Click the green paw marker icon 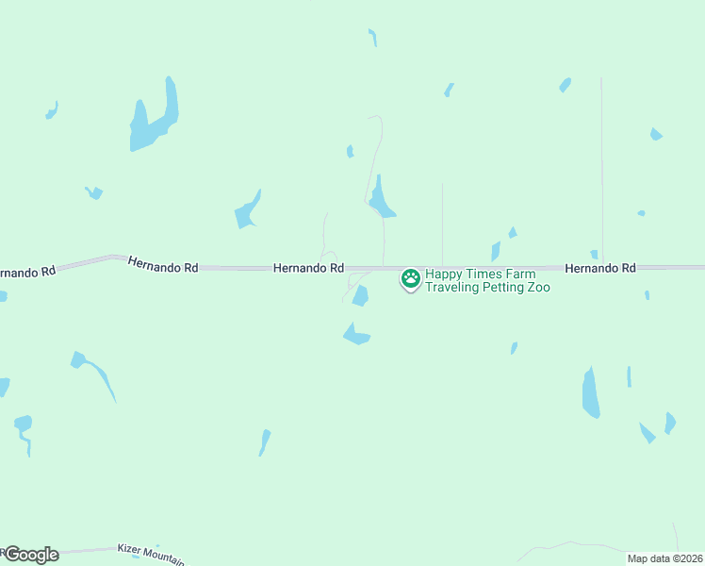tap(411, 278)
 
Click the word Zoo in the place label tap(539, 287)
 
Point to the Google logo tap(31, 555)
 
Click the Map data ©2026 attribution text tap(665, 558)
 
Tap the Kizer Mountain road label tap(151, 552)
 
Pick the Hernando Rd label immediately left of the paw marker tap(307, 268)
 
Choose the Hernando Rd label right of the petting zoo tap(600, 268)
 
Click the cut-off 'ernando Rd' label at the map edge tap(26, 272)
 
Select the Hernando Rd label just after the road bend tap(163, 267)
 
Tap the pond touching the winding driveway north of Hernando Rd tap(381, 199)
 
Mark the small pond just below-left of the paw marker tap(360, 296)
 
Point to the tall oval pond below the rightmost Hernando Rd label tap(590, 393)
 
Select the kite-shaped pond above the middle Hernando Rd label tap(247, 211)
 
